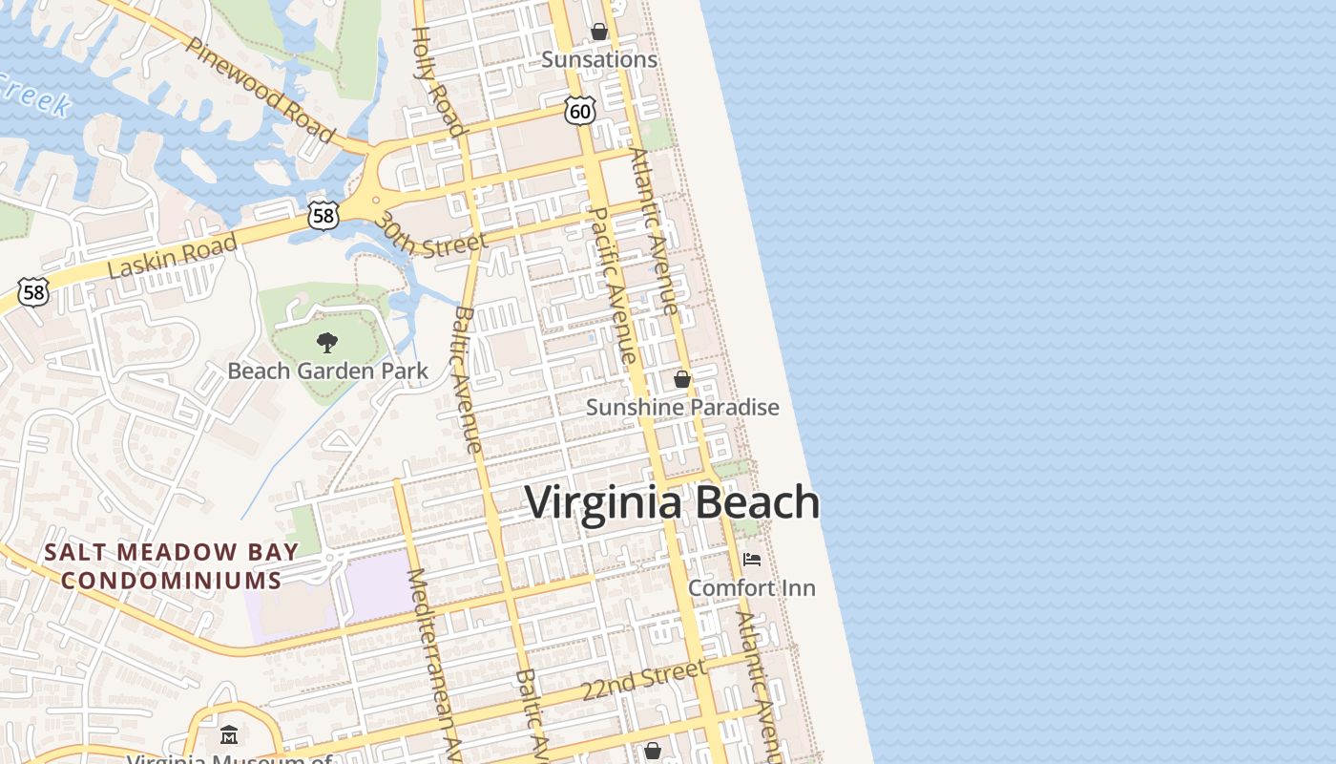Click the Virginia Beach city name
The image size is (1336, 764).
point(673,502)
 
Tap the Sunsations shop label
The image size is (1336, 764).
point(599,59)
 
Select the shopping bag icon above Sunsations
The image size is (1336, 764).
point(599,32)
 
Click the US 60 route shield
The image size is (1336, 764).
point(579,111)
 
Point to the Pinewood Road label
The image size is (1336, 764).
point(261,90)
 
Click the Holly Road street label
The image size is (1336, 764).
point(438,81)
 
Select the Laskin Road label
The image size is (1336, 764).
point(173,256)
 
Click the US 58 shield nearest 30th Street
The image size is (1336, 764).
point(324,215)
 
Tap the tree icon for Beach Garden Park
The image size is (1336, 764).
point(327,342)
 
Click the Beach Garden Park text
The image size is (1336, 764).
point(327,371)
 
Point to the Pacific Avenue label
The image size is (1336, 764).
point(613,284)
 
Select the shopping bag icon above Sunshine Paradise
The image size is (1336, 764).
point(682,379)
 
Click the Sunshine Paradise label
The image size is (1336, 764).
point(682,408)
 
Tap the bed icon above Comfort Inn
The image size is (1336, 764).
point(752,559)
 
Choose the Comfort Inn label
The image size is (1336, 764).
point(752,587)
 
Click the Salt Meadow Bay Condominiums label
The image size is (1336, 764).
point(172,565)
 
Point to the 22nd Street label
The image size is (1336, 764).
point(644,679)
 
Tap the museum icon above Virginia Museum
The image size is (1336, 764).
point(229,735)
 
